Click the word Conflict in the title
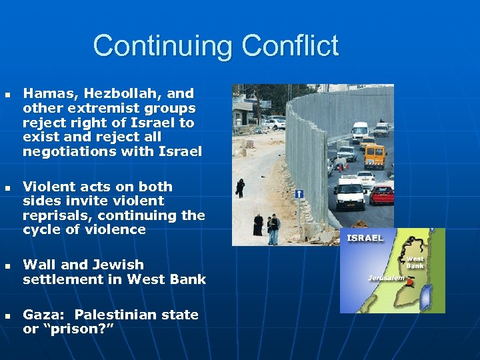290,46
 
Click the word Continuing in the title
163,46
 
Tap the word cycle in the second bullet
41,229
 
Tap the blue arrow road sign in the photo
299,194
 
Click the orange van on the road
375,156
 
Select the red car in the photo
381,194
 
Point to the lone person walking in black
241,188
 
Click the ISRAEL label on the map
365,238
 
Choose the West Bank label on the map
415,261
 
